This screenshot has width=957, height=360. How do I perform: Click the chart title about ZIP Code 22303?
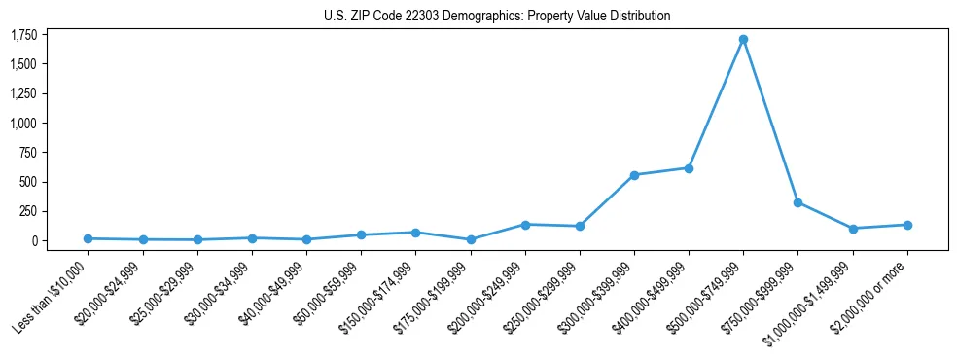coord(497,17)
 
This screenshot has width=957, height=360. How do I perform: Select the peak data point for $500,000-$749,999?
coord(743,40)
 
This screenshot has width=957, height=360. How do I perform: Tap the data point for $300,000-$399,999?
coord(634,175)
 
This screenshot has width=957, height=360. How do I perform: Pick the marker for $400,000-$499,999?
coord(689,168)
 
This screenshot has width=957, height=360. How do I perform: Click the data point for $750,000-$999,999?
coord(797,202)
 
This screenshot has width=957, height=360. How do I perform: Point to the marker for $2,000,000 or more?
coord(907,225)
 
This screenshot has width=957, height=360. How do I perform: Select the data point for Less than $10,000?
coord(89,238)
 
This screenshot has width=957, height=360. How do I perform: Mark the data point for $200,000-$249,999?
coord(525,225)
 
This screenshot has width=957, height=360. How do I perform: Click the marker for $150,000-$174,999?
coord(415,233)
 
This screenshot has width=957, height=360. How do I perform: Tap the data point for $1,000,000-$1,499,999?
coord(853,229)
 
